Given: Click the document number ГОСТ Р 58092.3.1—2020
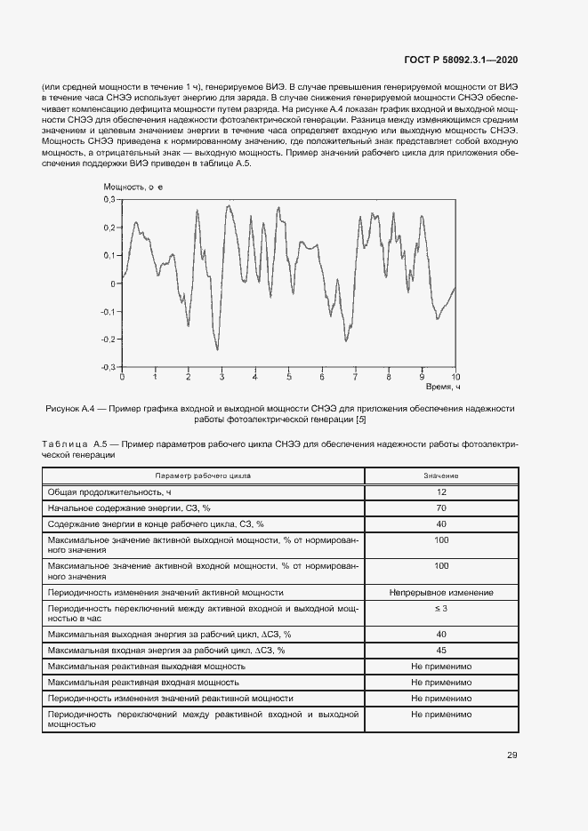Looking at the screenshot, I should click(467, 60).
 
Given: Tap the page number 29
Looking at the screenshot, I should click(512, 755).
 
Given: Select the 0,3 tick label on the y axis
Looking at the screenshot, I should click(109, 200).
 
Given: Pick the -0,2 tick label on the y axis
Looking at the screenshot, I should click(108, 339).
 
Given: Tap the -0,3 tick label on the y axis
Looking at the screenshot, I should click(108, 366).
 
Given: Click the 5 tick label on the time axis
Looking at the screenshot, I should click(288, 377).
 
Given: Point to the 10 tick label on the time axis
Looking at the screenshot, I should click(455, 377).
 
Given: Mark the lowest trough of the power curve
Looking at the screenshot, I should click(217, 349).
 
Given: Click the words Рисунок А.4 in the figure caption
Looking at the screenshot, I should click(69, 408).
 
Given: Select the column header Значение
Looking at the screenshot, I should click(441, 475).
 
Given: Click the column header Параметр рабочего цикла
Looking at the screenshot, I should click(203, 475).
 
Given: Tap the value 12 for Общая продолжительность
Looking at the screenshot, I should click(441, 491).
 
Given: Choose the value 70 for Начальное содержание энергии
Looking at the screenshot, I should click(441, 507).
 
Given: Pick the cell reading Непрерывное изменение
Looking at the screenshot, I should click(441, 593).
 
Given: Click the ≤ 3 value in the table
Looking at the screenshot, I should click(441, 608).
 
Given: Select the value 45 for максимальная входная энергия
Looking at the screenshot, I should click(441, 650).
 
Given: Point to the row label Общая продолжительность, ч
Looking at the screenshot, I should click(103, 491).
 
